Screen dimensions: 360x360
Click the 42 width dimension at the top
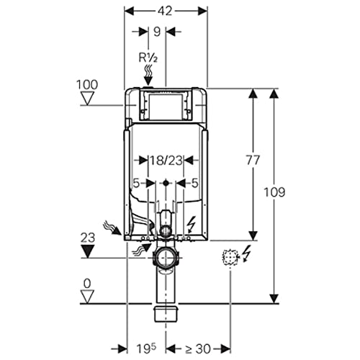[165, 11]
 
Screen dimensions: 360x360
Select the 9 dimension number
[157, 32]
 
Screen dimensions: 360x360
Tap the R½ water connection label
[148, 58]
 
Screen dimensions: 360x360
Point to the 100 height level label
[87, 84]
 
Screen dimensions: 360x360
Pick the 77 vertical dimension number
[253, 160]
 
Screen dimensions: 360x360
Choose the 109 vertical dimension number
[274, 192]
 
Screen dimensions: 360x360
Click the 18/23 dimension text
[166, 160]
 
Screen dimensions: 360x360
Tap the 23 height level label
[88, 238]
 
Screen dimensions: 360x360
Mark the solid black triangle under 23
[87, 252]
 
